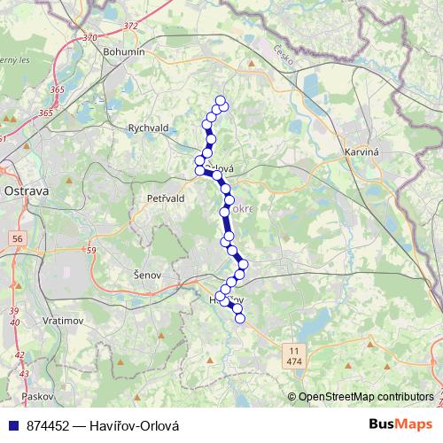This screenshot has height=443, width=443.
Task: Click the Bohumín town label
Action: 123,53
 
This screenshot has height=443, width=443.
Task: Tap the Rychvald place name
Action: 148,128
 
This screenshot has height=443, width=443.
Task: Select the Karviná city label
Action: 361,152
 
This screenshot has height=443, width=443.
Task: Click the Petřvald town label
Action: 166,198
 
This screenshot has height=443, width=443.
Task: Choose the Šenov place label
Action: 146,275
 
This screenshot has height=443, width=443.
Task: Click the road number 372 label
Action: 131,26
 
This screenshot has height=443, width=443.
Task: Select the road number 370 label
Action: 89,38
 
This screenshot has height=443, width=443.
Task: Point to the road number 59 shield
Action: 91,251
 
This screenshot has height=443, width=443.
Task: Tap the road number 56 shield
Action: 18,239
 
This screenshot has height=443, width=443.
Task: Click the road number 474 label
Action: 293,362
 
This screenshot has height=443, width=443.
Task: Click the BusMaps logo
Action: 401,424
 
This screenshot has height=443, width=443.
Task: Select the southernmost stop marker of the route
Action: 239,318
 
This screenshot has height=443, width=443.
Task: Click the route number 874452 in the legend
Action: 49,424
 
